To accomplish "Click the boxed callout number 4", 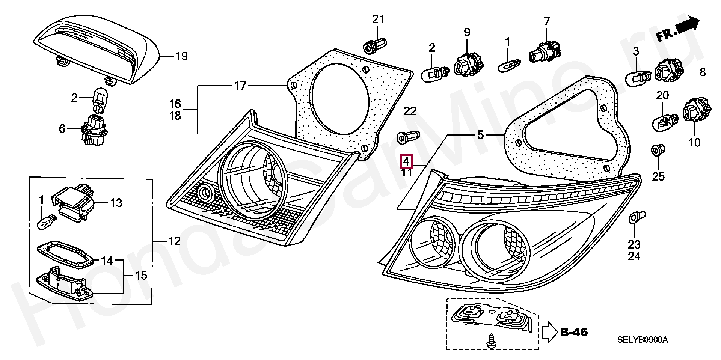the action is (406, 161).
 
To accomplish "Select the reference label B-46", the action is (574, 332).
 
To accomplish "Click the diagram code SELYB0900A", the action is (643, 340).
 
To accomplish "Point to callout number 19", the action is (182, 57).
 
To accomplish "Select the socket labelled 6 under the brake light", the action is (94, 130).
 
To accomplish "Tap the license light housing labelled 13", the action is (74, 203).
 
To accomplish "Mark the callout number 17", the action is (240, 86).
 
